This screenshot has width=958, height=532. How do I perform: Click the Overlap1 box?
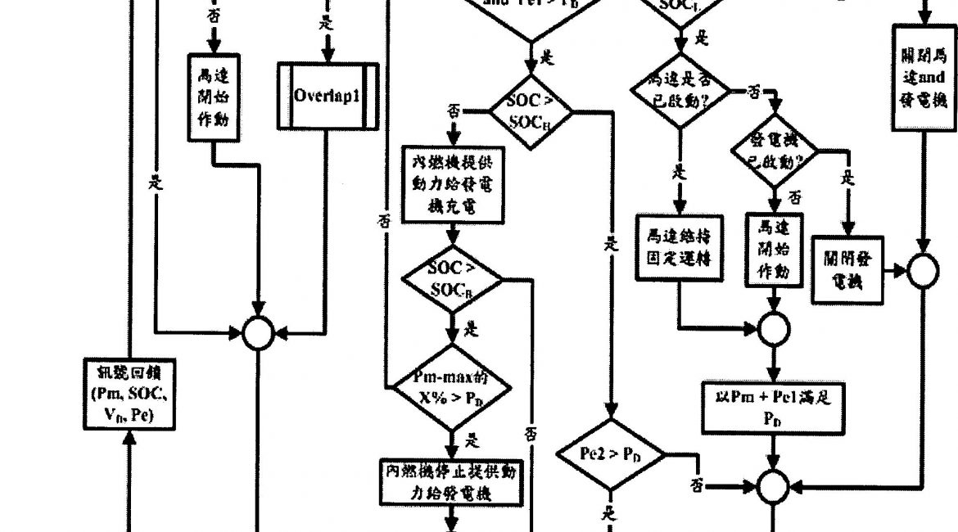point(328,95)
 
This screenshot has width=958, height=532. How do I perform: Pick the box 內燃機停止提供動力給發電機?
point(452,482)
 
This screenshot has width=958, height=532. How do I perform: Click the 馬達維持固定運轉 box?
point(679,247)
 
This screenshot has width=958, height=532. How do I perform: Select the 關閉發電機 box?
point(847,269)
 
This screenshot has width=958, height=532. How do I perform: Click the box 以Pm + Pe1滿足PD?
point(773,407)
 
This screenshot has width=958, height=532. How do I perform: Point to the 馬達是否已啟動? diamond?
point(680,92)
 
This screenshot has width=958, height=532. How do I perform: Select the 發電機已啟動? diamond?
point(774,151)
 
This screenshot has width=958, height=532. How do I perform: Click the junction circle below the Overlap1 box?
point(259,331)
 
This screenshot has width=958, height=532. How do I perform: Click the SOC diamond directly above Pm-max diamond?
point(452,278)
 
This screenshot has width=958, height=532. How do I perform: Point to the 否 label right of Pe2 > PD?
point(697,485)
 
